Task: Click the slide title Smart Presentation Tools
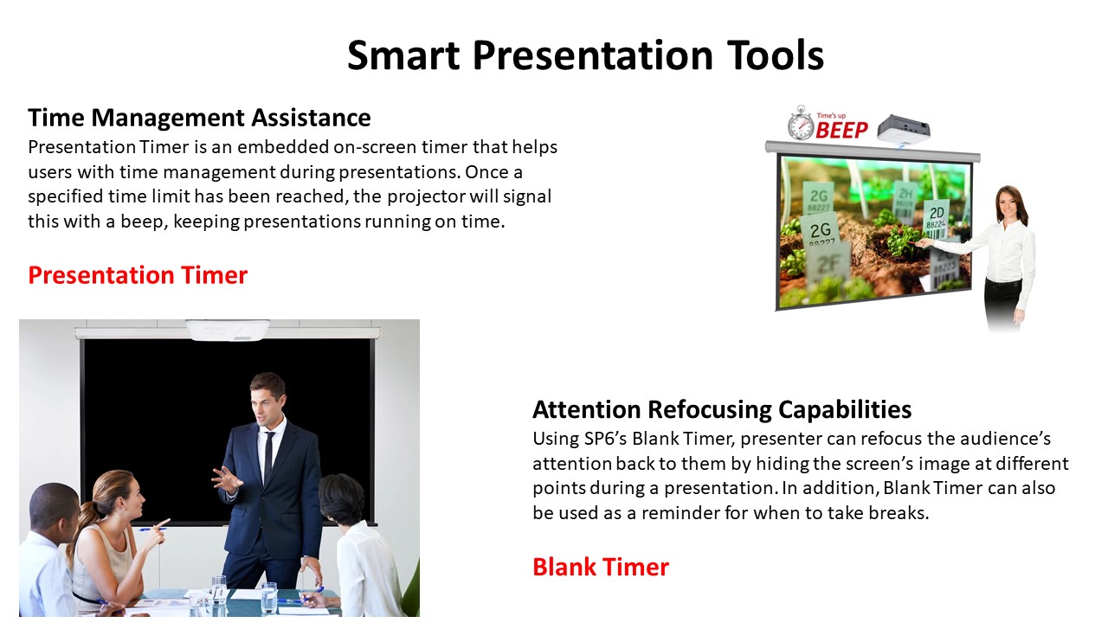click(585, 55)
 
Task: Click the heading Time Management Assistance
click(199, 119)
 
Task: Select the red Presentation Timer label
click(138, 275)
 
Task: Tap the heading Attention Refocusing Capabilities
click(722, 410)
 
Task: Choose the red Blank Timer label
click(601, 567)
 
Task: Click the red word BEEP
click(841, 130)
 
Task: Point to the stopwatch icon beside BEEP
click(801, 123)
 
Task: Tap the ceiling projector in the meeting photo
click(228, 330)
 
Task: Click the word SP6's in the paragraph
click(605, 439)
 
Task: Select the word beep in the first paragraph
click(141, 222)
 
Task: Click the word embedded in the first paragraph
click(281, 147)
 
